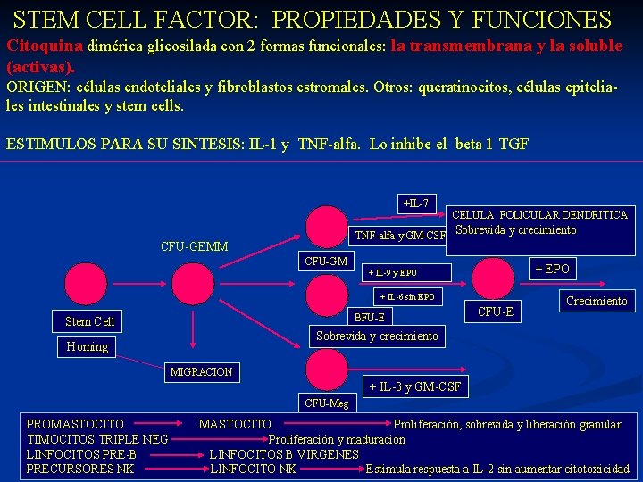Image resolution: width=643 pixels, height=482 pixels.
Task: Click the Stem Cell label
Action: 90,321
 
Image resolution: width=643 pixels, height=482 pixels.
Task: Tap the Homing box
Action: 88,346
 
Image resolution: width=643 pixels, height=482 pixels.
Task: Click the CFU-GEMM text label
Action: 194,246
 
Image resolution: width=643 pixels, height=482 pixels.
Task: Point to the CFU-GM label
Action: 326,262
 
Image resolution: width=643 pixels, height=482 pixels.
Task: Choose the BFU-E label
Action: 370,317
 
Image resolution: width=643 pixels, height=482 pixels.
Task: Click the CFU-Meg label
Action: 326,403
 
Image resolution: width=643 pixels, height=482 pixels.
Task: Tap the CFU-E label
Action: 495,312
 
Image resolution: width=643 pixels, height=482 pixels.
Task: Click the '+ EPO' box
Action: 551,269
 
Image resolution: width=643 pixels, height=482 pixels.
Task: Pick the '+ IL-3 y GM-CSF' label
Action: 415,386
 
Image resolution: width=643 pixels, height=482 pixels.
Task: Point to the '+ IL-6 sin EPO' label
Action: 407,296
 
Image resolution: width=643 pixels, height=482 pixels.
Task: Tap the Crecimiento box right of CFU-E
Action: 597,301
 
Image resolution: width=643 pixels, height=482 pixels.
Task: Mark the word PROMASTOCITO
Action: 75,424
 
